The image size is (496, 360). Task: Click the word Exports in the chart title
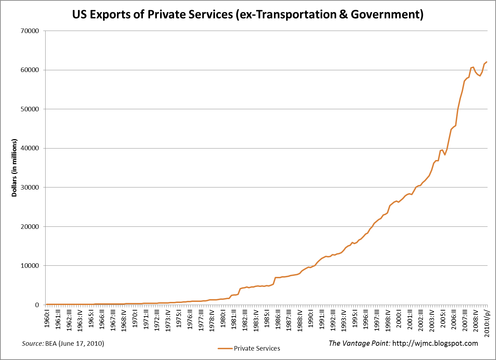pos(107,14)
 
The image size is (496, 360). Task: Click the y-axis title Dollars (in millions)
pos(14,168)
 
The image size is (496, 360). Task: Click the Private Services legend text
pos(257,348)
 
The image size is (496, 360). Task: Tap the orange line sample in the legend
pos(225,348)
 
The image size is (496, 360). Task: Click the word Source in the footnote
pos(32,344)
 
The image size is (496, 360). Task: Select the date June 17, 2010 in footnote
pos(81,344)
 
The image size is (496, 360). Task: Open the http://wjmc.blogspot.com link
pos(435,343)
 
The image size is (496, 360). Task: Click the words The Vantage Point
pos(360,343)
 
